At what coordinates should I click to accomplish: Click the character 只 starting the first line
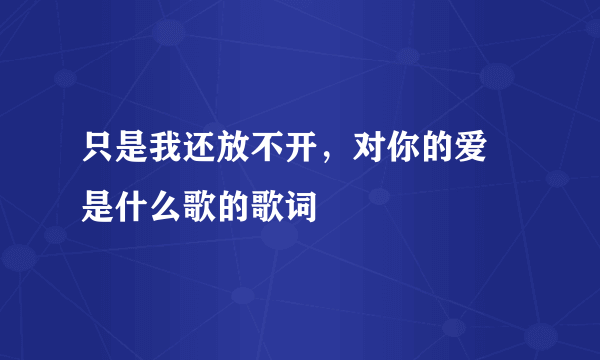pos(99,156)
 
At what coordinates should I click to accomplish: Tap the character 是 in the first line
pos(129,156)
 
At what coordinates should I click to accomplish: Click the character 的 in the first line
pos(413,156)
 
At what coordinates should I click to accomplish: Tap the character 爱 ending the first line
pos(443,156)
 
